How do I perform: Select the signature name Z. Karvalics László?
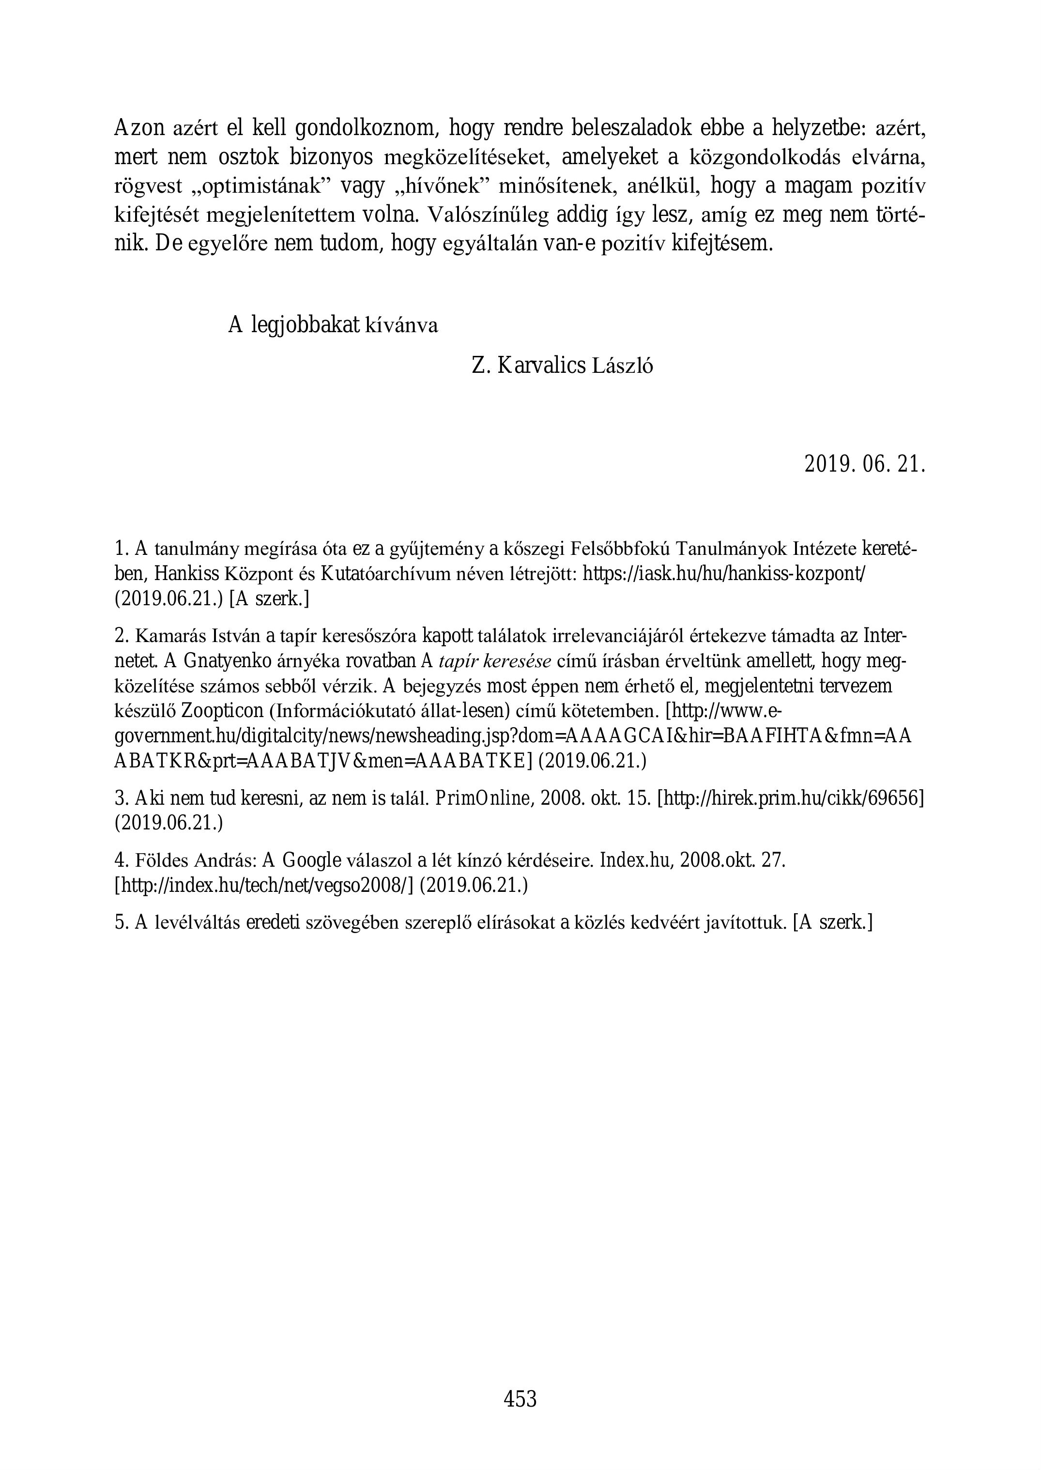[562, 366]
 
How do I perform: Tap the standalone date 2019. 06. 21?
[865, 463]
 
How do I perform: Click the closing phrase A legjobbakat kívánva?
[333, 326]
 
